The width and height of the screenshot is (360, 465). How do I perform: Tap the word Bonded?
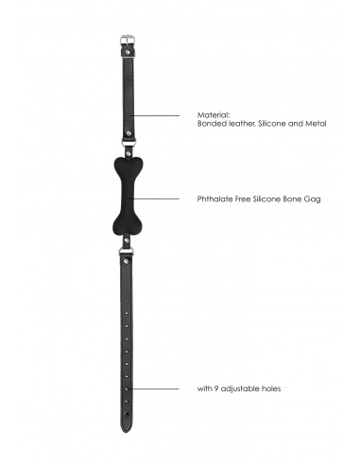212,123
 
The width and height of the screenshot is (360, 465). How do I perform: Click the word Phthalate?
215,198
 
